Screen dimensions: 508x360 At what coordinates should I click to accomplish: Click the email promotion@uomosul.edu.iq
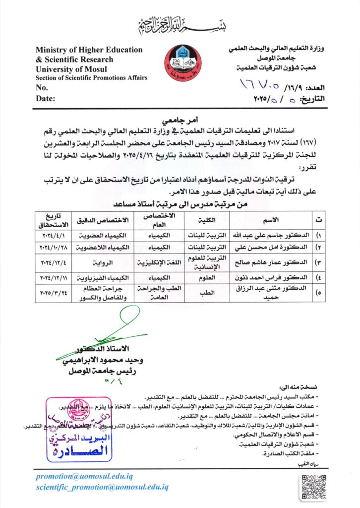pos(84,476)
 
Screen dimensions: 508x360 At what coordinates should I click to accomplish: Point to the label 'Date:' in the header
pos(45,98)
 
